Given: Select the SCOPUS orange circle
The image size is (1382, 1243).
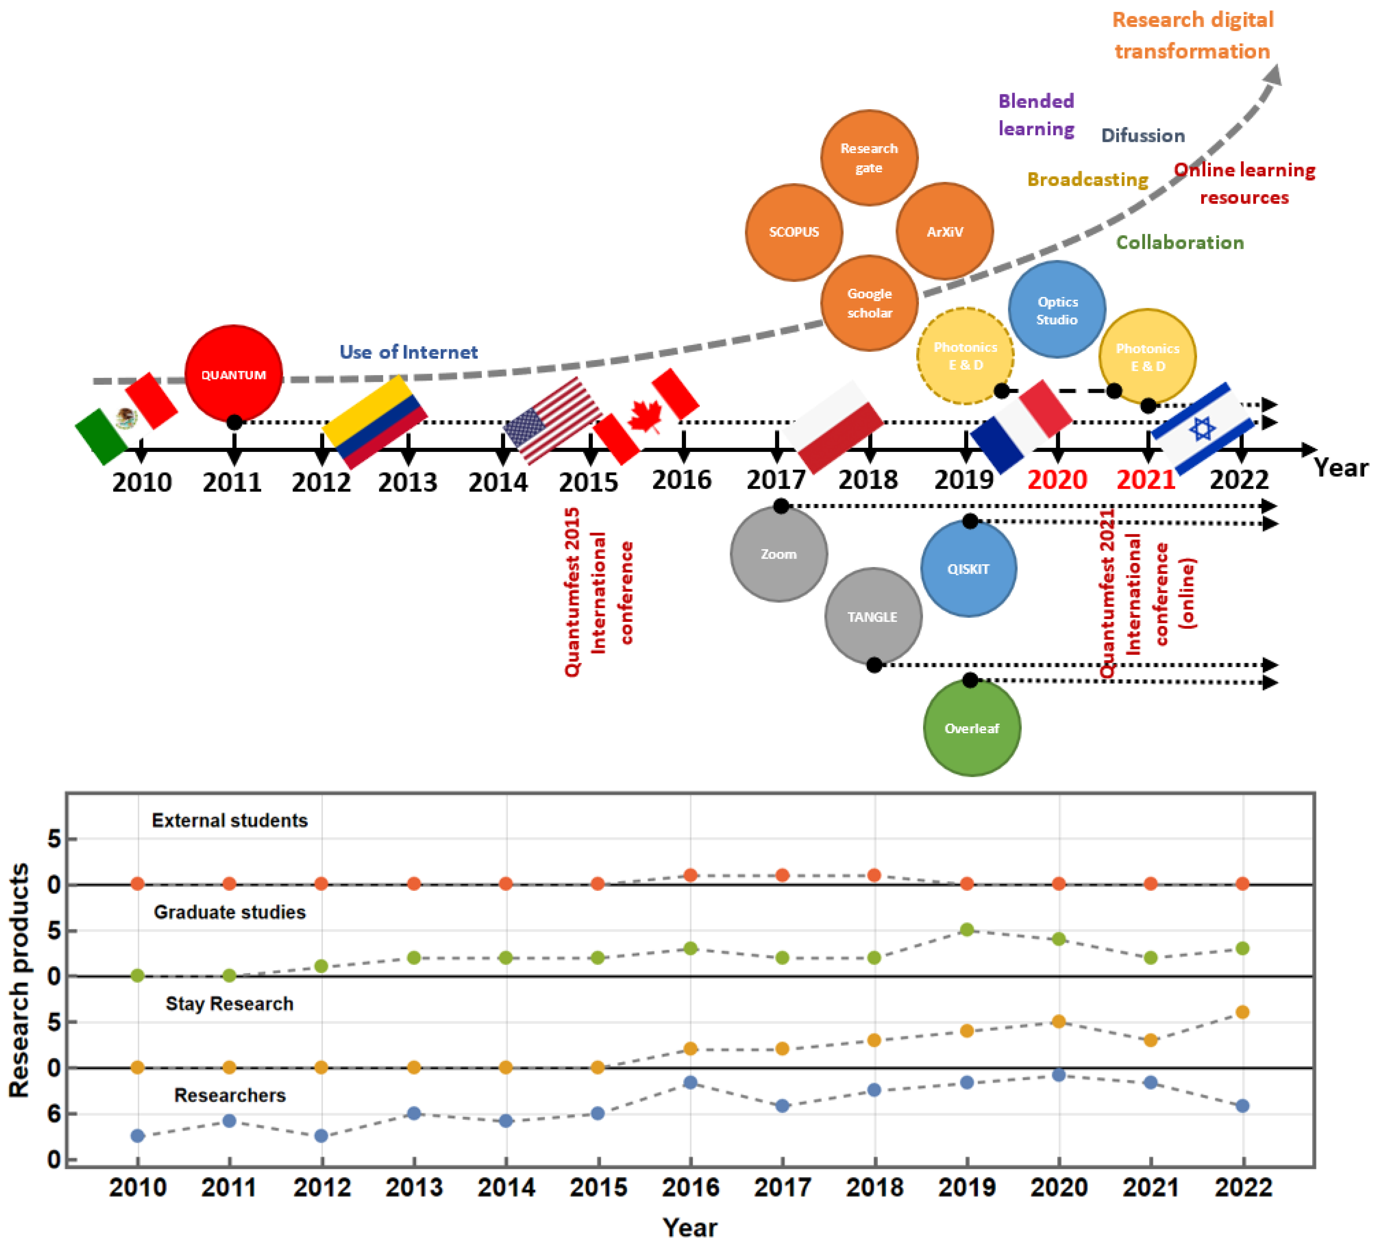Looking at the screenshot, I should pyautogui.click(x=793, y=232).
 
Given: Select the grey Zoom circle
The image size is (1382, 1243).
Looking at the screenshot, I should pyautogui.click(x=778, y=554).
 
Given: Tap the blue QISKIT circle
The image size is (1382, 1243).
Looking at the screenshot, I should pyautogui.click(x=968, y=568).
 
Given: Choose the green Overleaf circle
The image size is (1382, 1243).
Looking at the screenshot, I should pyautogui.click(x=972, y=728).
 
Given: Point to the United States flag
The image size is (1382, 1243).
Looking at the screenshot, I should pyautogui.click(x=553, y=420).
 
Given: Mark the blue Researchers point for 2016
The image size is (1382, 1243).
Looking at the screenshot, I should pyautogui.click(x=690, y=1083).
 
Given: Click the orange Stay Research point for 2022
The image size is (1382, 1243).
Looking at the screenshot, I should pyautogui.click(x=1243, y=1012).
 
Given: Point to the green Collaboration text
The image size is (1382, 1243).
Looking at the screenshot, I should pyautogui.click(x=1179, y=242).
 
